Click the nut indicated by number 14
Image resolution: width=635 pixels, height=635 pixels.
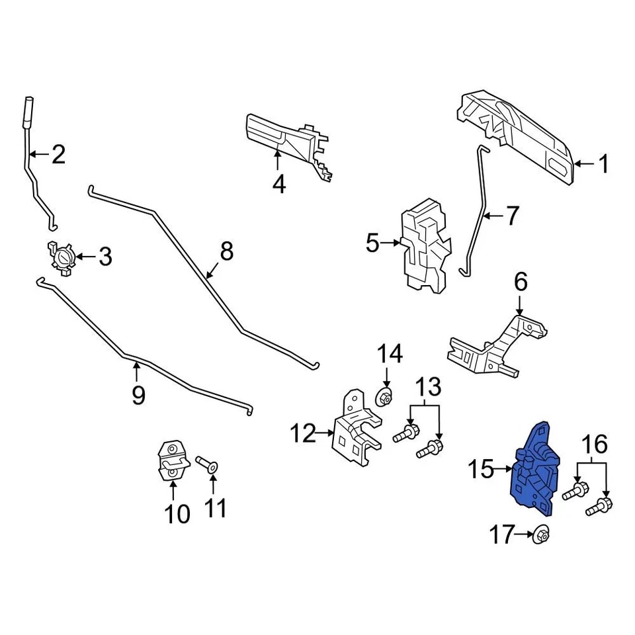384,398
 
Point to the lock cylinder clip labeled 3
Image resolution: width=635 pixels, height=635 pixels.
62,257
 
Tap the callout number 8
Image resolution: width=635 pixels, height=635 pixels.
226,251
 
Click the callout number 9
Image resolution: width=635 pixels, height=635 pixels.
138,395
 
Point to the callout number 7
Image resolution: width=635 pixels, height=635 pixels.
513,216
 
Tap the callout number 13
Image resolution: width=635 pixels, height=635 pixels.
427,386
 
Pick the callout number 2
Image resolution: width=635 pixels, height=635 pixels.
58,155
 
